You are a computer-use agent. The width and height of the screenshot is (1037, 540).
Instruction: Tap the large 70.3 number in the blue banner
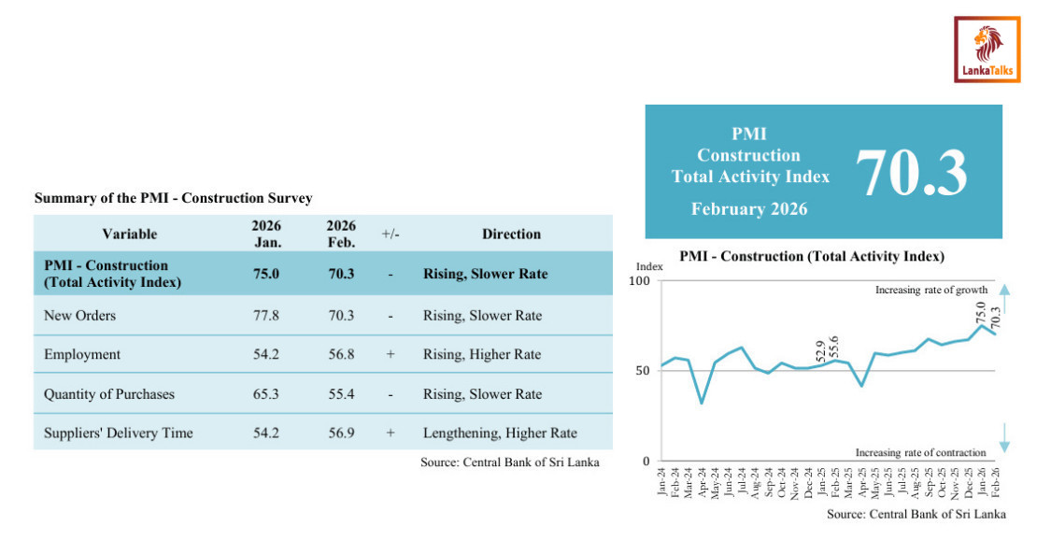tap(911, 173)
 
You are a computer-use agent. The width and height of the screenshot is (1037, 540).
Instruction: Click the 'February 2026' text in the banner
tap(749, 209)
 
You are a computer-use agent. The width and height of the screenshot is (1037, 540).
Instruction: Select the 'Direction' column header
tap(511, 234)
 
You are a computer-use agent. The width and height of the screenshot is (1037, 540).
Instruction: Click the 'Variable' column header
tap(129, 234)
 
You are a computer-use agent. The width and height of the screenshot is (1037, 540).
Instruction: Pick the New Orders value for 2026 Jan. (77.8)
tap(266, 316)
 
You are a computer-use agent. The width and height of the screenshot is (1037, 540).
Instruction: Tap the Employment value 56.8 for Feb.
tap(340, 355)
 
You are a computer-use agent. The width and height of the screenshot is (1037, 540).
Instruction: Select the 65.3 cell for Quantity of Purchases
tap(266, 394)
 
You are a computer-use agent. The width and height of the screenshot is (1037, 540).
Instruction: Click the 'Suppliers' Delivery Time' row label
tap(119, 433)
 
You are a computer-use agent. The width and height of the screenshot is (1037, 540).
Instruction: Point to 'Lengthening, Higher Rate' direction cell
tap(500, 433)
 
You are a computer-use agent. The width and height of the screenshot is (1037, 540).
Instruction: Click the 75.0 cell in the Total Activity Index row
tap(266, 275)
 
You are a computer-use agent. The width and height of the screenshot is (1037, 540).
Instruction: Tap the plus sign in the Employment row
tap(391, 355)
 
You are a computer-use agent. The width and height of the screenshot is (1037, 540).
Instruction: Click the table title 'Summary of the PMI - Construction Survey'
tap(173, 198)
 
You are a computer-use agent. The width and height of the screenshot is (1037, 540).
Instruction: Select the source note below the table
tap(509, 462)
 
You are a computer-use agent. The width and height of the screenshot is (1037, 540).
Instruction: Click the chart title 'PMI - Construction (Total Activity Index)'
tap(812, 255)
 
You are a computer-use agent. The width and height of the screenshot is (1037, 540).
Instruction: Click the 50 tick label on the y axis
tap(641, 371)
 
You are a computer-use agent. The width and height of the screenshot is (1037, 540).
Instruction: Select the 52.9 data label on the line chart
tap(820, 350)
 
